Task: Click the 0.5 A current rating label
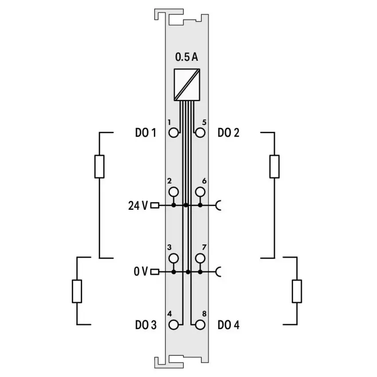187,57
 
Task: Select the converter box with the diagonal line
187,85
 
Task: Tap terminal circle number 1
173,133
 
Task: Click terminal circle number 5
200,133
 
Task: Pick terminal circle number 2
173,192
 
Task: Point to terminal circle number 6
200,192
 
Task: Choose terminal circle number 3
173,259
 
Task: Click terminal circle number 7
200,259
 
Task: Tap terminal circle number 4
173,325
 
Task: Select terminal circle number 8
200,325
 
